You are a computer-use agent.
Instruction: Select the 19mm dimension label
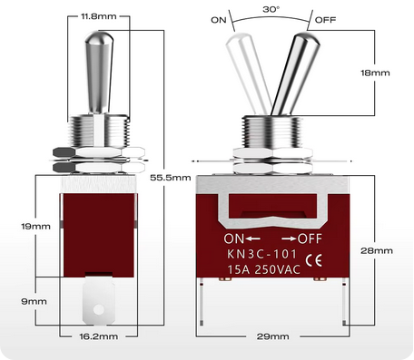[18, 226]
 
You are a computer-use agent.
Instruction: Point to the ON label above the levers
[219, 19]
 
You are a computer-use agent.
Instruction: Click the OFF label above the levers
[325, 19]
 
